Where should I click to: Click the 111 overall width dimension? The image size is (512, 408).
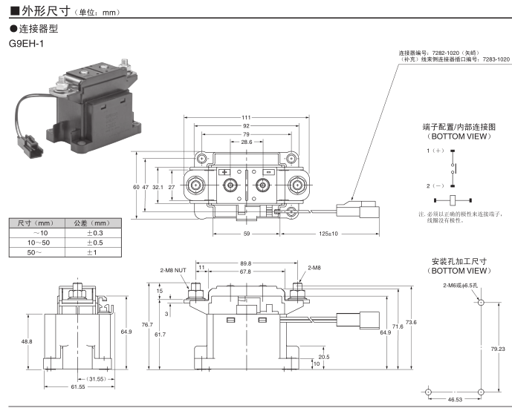point(246,118)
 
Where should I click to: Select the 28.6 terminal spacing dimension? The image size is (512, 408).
point(246,142)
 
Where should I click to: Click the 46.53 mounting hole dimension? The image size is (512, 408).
point(453,400)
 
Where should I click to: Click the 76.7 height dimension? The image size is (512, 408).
point(147,325)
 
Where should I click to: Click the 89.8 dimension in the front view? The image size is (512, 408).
point(246,263)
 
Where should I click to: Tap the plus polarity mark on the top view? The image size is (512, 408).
point(224,172)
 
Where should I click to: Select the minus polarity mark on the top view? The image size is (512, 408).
point(268,172)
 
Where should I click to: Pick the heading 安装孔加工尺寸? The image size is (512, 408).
point(458,262)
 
